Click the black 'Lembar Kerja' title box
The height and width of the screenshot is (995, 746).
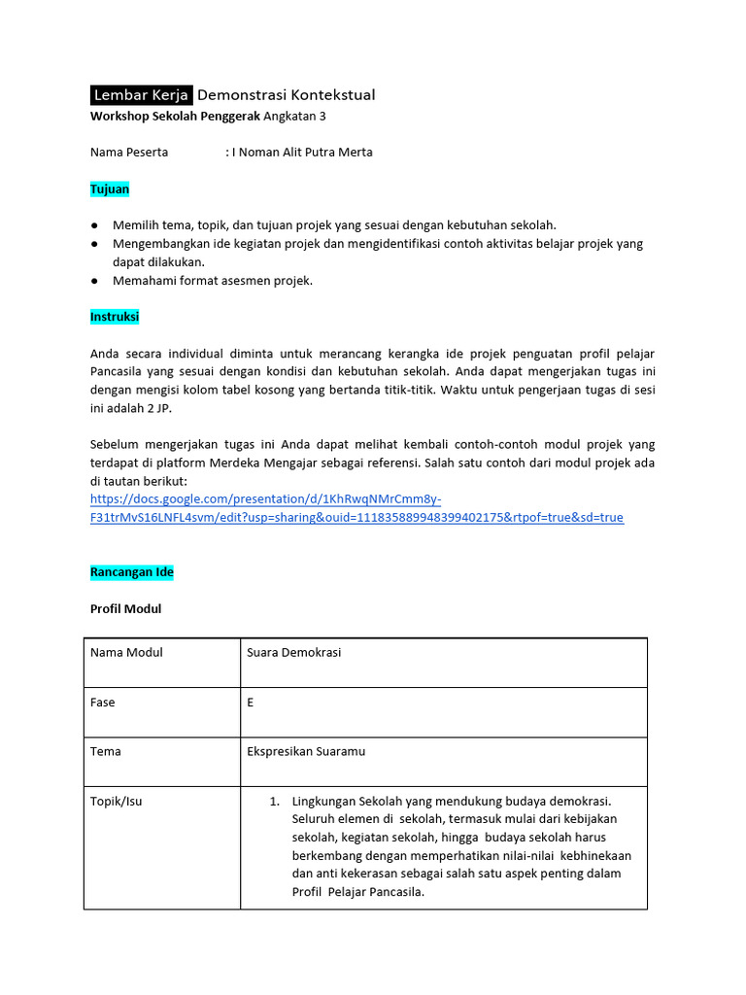tap(141, 94)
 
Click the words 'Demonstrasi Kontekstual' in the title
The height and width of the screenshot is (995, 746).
tap(286, 94)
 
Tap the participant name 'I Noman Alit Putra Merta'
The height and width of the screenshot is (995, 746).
tap(302, 152)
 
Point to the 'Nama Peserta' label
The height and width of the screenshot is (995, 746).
tap(129, 152)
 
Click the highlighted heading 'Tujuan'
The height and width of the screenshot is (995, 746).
tap(110, 189)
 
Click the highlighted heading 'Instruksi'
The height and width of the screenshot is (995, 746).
tap(115, 317)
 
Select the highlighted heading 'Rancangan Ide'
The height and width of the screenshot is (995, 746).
tap(132, 572)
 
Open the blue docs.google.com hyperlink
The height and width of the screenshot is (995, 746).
tap(356, 508)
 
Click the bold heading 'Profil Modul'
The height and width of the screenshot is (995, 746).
tap(125, 609)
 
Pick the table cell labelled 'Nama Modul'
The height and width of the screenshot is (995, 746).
tap(126, 653)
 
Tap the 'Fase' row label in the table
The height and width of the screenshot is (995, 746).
tap(102, 703)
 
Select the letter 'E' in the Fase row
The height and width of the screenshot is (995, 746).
tap(251, 703)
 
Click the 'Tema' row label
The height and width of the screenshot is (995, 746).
tap(106, 751)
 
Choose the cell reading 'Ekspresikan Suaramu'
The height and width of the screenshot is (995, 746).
tap(306, 751)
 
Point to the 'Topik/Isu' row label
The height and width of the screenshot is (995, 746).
tap(116, 802)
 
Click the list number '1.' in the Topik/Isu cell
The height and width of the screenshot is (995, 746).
tap(275, 802)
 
